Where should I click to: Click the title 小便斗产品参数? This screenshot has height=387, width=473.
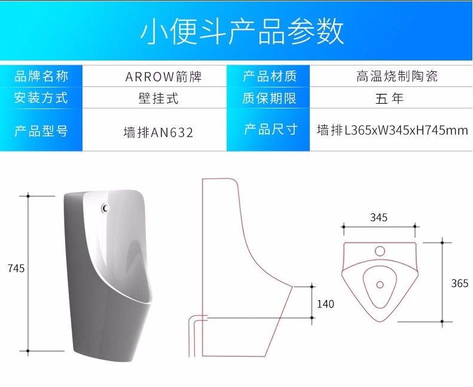point(242,31)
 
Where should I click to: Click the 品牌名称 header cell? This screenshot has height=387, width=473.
point(41,76)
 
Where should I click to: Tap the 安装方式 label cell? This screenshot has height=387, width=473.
point(41,98)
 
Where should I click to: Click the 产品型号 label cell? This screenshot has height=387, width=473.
point(41,130)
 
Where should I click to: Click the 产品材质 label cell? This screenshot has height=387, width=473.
point(269,76)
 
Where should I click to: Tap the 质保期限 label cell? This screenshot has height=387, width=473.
point(269,98)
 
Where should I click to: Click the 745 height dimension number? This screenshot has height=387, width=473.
point(16,268)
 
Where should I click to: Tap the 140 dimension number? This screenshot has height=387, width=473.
point(325,304)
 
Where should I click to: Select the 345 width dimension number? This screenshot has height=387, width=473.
point(379,217)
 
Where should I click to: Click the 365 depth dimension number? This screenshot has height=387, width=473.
point(459,283)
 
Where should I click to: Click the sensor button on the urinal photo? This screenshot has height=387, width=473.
point(106,208)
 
